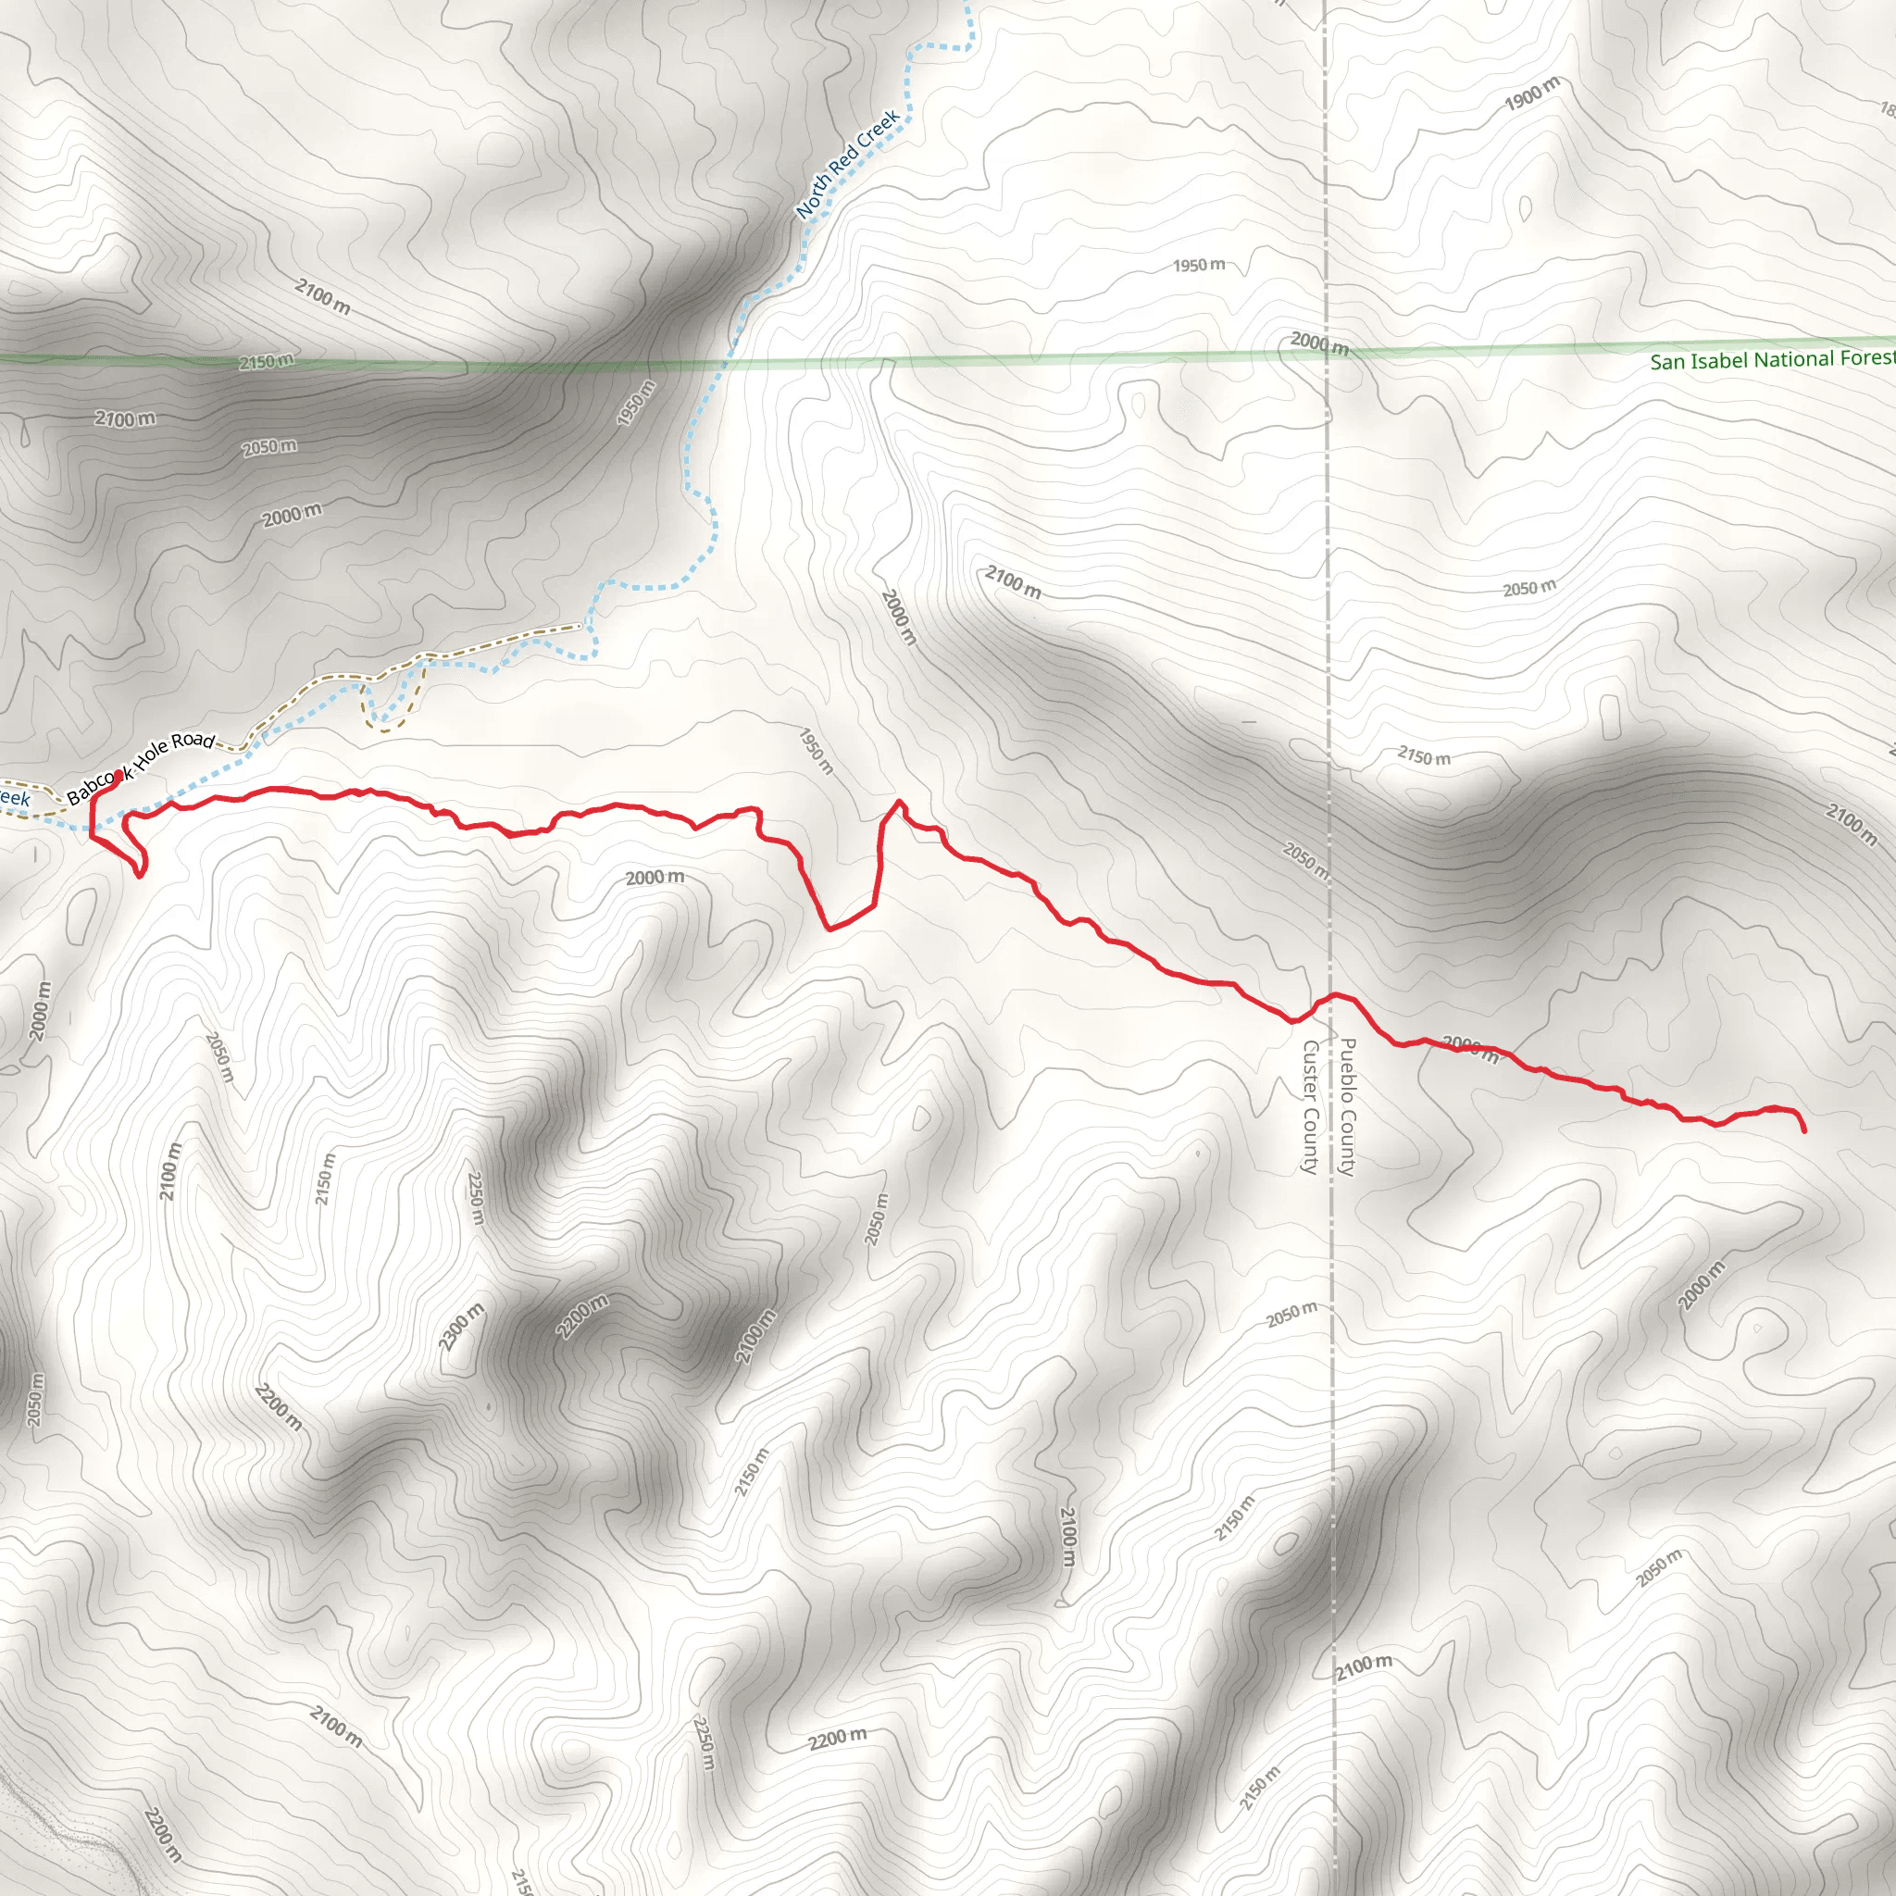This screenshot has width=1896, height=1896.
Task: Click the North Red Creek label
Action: (848, 164)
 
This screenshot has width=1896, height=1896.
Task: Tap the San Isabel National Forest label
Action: (1771, 360)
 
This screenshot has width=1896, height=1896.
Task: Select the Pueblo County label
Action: (1347, 1106)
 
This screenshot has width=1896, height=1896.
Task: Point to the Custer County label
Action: (1309, 1106)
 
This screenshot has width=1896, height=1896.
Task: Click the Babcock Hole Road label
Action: (142, 767)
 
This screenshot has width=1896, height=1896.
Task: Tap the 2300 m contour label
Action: (461, 1327)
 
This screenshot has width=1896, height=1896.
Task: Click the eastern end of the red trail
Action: (1804, 1131)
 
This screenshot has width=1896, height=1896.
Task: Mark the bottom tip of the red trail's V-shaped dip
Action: (830, 929)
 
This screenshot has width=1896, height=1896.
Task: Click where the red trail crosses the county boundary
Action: (1330, 996)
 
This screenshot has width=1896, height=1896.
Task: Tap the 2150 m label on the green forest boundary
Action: (266, 362)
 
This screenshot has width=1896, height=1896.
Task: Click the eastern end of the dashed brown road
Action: (579, 625)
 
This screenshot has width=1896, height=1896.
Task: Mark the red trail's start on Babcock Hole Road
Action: (118, 774)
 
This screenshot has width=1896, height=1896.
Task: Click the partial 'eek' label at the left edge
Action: (14, 798)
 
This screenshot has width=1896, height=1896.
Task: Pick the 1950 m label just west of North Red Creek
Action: (636, 403)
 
